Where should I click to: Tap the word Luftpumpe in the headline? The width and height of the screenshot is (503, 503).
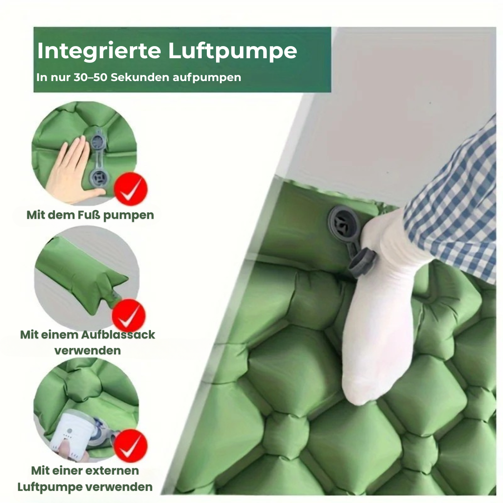tap(233, 51)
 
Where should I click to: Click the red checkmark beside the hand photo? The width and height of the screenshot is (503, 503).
tap(131, 189)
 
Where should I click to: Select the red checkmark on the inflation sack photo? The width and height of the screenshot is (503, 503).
tap(129, 315)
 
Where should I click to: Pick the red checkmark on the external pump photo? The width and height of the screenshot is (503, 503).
tap(130, 446)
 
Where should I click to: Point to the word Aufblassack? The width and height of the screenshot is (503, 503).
tap(118, 334)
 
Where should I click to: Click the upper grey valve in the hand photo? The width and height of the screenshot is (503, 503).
tap(97, 140)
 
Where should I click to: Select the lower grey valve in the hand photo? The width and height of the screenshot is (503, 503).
tap(97, 177)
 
